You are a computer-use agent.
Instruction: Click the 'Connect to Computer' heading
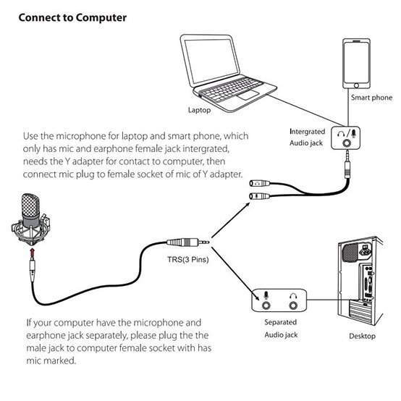[72, 18]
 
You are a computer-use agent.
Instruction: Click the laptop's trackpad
[248, 95]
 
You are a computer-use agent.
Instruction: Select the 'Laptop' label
[199, 110]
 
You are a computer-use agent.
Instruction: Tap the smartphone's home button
[356, 85]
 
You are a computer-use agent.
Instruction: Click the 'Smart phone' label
[371, 98]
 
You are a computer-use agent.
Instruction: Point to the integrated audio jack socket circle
[347, 143]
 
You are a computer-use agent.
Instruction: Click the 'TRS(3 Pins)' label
[188, 259]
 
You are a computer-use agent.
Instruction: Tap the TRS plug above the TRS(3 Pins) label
[188, 242]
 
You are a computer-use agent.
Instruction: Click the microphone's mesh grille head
[30, 206]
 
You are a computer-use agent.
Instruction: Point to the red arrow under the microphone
[32, 253]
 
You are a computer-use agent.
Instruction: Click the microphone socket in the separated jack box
[266, 305]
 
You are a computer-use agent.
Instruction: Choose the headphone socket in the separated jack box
[293, 305]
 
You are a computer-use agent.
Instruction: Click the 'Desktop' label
[362, 336]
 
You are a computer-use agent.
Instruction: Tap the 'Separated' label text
[281, 322]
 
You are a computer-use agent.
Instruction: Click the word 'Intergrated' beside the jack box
[307, 132]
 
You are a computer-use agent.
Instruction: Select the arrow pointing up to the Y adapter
[231, 220]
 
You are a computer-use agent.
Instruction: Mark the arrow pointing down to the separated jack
[236, 274]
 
